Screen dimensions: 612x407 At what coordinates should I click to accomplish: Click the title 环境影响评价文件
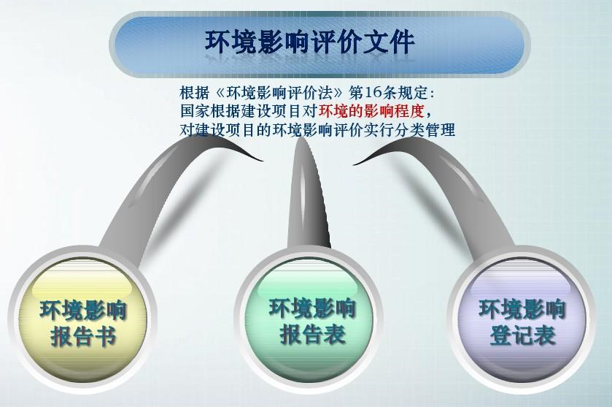[x=309, y=42]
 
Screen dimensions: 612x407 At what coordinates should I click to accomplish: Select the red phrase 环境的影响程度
[x=371, y=111]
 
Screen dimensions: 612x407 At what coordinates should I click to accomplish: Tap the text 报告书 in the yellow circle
[x=84, y=337]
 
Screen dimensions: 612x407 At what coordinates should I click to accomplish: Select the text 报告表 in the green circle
[x=313, y=335]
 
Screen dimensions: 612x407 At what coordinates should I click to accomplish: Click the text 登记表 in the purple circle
[x=522, y=335]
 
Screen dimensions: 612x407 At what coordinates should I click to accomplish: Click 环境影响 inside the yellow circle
[x=83, y=311]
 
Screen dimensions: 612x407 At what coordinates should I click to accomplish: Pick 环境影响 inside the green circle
[x=312, y=308]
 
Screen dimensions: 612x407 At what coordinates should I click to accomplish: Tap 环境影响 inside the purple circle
[x=522, y=309]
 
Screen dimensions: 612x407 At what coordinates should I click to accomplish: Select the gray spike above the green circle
[x=306, y=196]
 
